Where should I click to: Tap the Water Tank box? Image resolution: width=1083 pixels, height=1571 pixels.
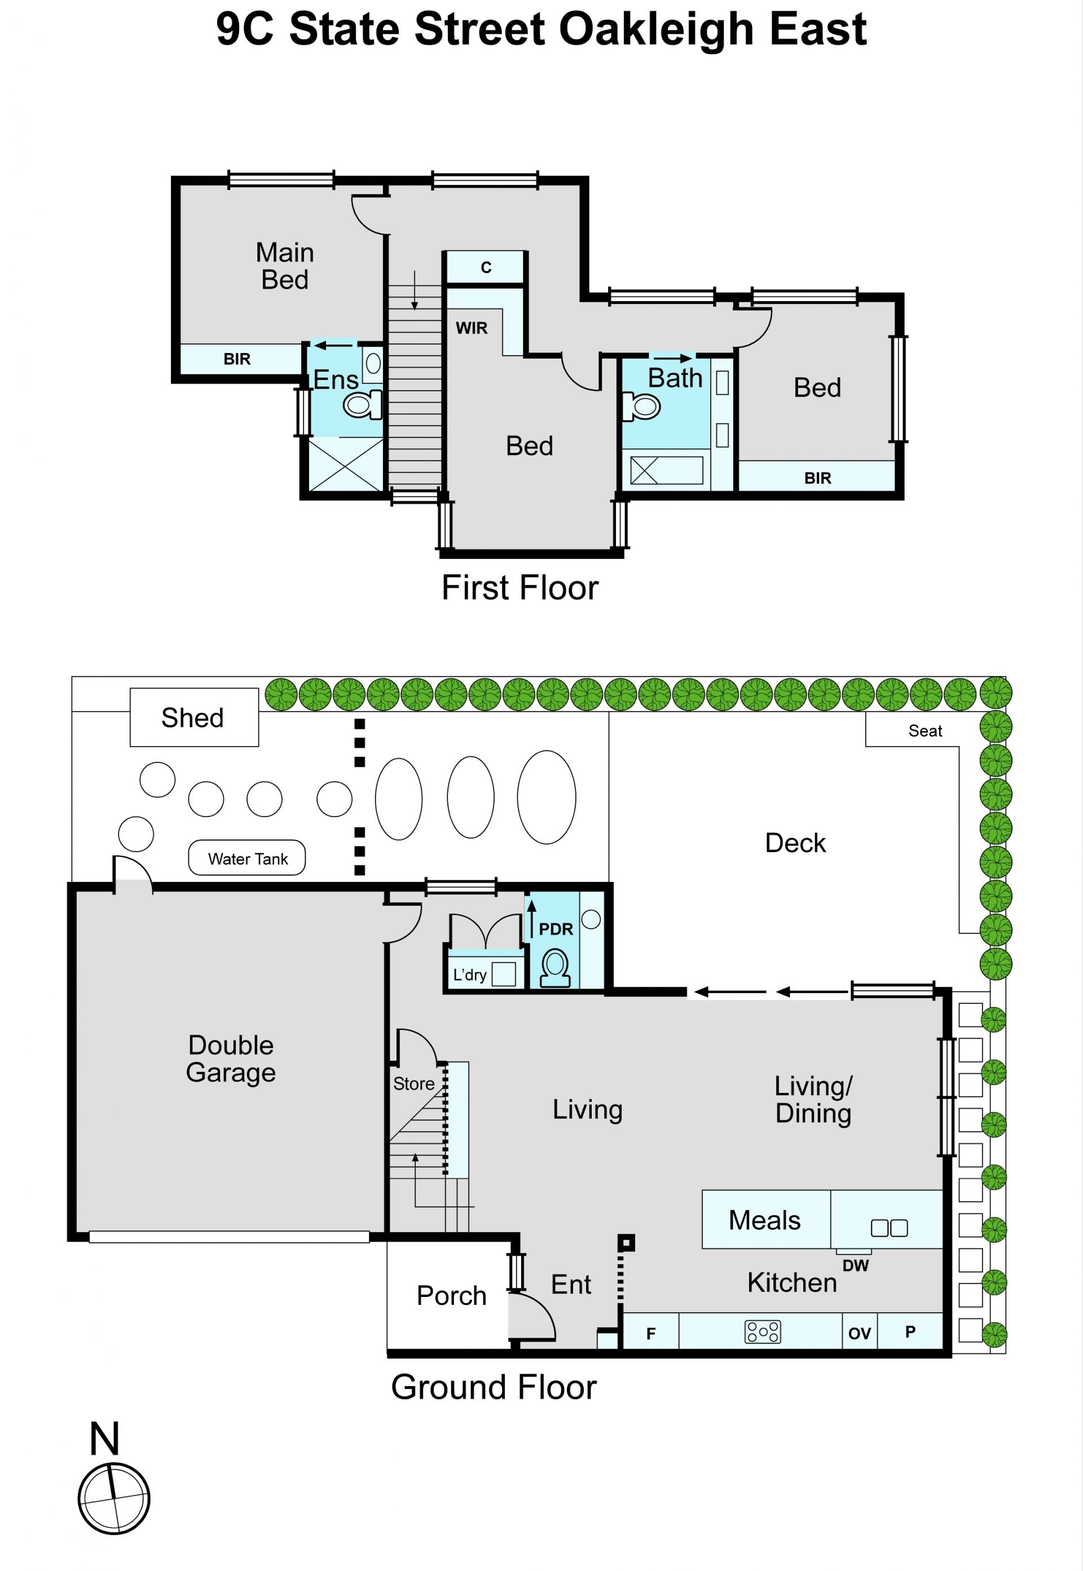click(x=247, y=858)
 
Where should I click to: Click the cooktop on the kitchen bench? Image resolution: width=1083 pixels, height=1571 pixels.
click(x=763, y=1331)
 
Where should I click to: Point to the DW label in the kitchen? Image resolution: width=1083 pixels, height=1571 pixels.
click(x=855, y=1266)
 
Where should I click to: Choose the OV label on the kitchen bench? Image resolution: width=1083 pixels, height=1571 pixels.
click(x=859, y=1334)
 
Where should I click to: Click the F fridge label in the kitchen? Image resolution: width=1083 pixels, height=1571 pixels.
click(x=651, y=1334)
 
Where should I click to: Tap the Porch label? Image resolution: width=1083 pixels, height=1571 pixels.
click(x=451, y=1296)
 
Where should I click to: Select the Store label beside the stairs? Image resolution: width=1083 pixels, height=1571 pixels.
click(x=413, y=1084)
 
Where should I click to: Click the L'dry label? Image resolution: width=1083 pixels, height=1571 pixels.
click(x=469, y=975)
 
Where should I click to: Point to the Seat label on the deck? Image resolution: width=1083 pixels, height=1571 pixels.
click(x=925, y=731)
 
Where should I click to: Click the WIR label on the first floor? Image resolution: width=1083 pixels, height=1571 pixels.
click(x=472, y=328)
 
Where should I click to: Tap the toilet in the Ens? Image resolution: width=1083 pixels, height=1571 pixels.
click(x=362, y=405)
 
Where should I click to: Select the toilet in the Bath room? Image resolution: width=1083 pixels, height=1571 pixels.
click(x=641, y=407)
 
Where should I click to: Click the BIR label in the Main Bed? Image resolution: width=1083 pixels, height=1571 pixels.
click(x=237, y=359)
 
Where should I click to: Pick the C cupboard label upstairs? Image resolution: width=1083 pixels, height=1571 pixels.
click(x=486, y=267)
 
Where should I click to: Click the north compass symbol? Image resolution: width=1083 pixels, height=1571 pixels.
click(x=113, y=1498)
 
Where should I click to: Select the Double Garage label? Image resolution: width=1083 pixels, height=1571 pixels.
click(x=231, y=1059)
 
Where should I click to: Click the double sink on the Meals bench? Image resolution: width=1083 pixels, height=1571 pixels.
click(x=889, y=1228)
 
